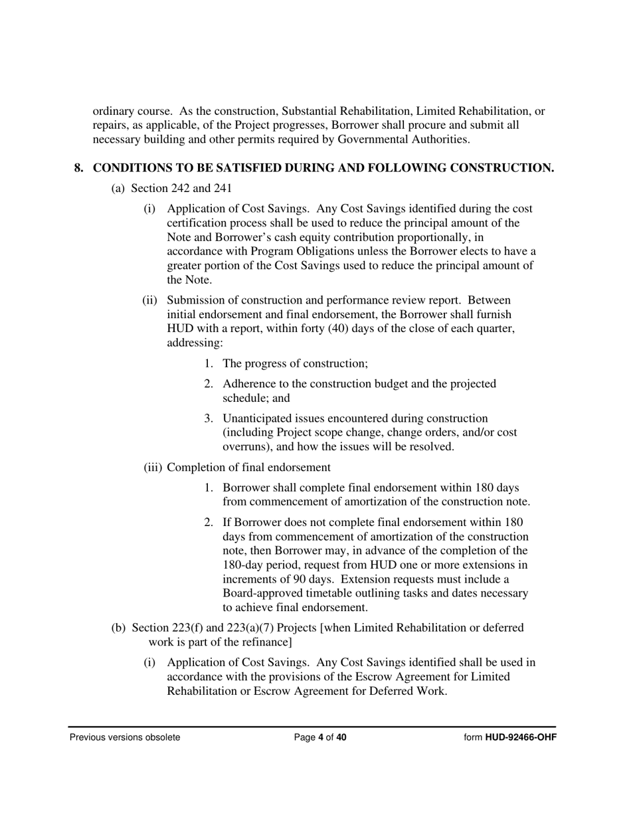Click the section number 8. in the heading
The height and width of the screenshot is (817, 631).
coord(78,168)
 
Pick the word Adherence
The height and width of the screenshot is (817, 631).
coord(248,384)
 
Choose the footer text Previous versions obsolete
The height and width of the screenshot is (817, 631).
coord(125,737)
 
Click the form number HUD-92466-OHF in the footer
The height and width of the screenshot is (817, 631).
coord(521,737)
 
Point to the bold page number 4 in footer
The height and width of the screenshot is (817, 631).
coord(321,737)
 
